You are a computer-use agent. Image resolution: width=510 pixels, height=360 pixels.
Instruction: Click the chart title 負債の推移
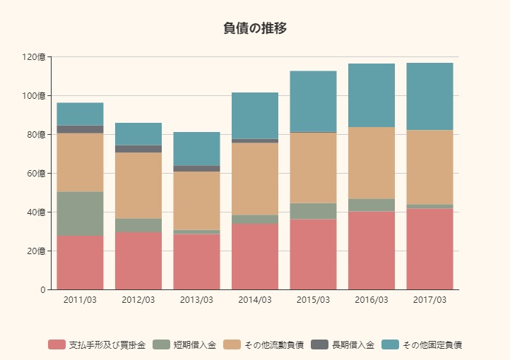click(254, 28)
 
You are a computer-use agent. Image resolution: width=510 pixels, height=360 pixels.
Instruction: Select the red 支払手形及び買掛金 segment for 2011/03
click(80, 263)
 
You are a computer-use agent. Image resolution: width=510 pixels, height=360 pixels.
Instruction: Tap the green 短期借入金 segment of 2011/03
click(80, 213)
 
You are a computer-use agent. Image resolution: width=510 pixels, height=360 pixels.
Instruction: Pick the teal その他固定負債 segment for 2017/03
click(429, 96)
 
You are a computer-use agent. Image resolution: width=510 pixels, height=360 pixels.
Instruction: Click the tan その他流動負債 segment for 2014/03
click(255, 179)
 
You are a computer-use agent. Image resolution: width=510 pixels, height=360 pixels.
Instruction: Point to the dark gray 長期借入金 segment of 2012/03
click(138, 149)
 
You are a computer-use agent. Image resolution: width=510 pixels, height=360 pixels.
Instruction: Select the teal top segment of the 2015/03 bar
click(313, 101)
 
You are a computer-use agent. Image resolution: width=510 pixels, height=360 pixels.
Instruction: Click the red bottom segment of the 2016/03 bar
click(372, 251)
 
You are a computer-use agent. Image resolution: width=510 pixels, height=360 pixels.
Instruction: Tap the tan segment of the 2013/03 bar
click(196, 200)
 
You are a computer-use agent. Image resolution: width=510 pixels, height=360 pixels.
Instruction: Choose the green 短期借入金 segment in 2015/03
click(313, 211)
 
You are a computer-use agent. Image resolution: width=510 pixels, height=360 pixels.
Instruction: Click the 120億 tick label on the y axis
click(33, 56)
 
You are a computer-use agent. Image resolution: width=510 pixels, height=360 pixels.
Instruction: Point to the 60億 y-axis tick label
click(36, 173)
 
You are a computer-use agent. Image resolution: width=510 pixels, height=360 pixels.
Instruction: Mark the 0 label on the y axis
click(42, 289)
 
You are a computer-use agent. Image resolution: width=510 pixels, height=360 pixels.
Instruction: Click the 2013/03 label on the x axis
click(196, 300)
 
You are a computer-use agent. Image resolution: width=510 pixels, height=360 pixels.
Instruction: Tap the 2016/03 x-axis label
click(372, 300)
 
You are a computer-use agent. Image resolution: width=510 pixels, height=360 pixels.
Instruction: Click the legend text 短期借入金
click(194, 344)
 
